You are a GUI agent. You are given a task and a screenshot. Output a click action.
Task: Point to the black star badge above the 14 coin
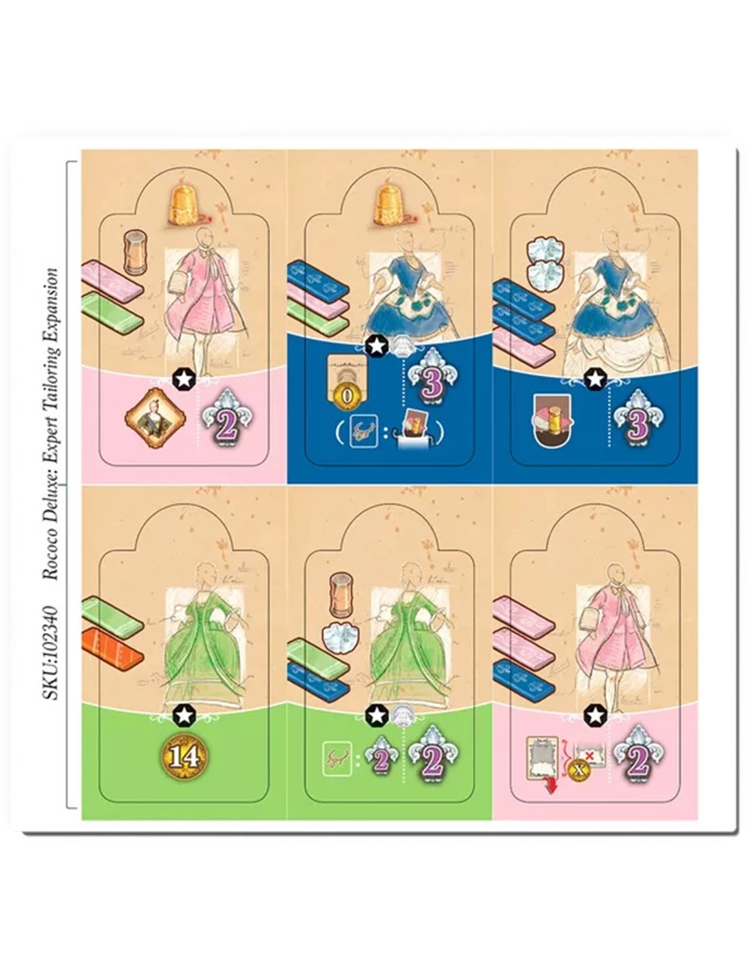tap(183, 715)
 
